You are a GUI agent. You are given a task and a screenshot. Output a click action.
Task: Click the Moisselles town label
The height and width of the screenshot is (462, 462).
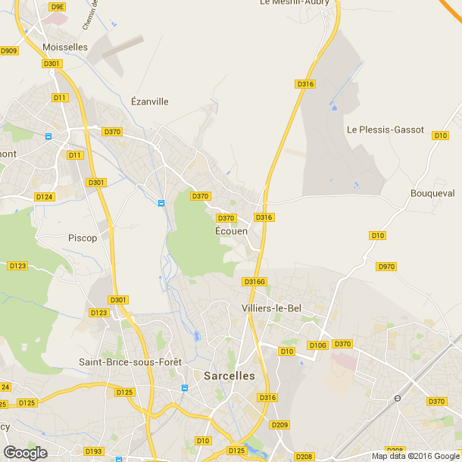66,47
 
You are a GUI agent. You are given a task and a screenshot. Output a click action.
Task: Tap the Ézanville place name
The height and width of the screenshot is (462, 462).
150,101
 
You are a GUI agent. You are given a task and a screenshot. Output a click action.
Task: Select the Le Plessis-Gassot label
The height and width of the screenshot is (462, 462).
386,130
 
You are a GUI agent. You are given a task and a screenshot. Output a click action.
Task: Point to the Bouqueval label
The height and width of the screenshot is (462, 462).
432,193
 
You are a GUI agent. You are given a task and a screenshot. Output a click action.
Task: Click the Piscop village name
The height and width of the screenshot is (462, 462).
83,238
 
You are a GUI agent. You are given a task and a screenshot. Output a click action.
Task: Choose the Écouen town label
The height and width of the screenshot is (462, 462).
232,231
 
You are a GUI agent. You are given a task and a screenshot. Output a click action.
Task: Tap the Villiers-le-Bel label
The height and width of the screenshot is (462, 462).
272,308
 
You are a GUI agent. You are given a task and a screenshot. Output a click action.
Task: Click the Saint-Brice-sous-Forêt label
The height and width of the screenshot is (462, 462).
130,362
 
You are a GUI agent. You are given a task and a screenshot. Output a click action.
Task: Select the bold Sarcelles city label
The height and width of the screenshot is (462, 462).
229,375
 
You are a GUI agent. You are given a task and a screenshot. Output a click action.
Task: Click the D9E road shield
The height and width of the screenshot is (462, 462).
57,6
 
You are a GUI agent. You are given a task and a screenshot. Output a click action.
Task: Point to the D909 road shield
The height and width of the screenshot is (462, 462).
9,51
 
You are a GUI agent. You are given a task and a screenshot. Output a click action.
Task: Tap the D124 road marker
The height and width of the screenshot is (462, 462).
44,197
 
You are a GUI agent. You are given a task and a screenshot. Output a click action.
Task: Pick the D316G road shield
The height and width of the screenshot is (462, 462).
254,282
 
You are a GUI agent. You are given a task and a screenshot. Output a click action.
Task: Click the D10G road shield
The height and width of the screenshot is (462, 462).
317,345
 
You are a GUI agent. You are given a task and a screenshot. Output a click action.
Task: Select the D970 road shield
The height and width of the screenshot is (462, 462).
386,267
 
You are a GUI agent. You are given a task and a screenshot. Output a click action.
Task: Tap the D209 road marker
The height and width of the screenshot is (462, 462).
279,425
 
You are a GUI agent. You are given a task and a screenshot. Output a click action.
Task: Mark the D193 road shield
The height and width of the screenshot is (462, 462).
93,451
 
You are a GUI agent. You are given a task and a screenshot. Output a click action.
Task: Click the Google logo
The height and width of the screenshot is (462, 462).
24,452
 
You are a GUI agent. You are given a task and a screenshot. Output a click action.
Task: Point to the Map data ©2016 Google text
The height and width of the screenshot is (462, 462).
415,456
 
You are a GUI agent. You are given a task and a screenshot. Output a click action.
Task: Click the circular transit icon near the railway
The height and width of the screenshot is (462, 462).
397,398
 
